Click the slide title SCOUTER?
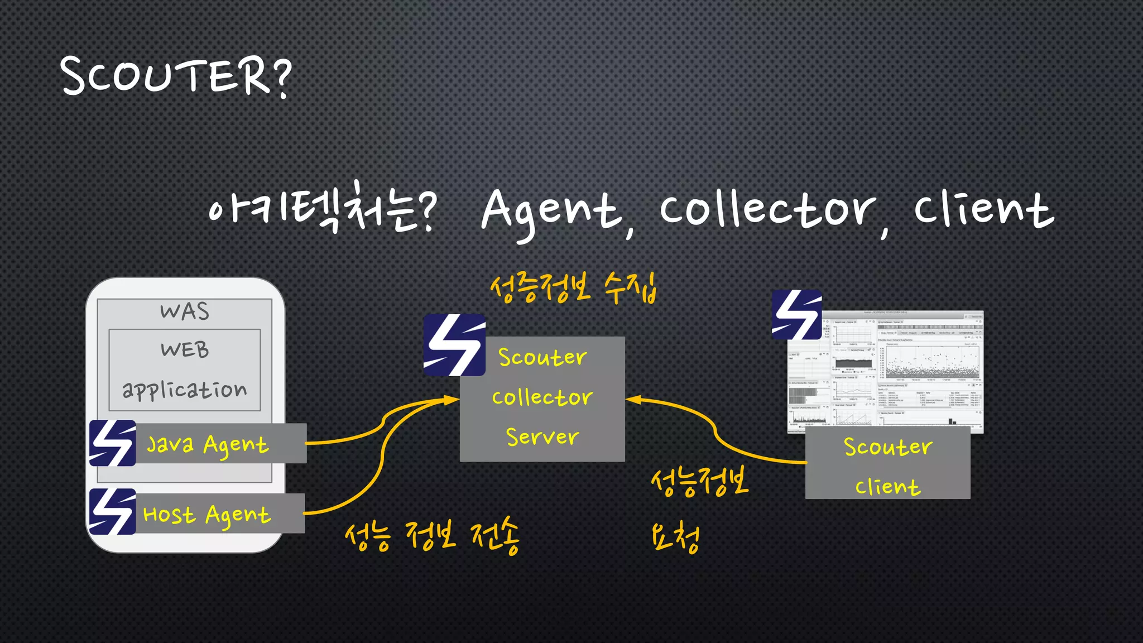coord(176,76)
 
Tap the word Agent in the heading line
coord(551,211)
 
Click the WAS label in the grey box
coord(184,311)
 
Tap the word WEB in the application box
coord(185,350)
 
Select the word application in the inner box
coord(184,390)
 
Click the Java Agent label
coord(208,444)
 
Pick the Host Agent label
coord(206,514)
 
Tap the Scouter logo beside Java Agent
coord(113,443)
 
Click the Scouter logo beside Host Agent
coord(113,512)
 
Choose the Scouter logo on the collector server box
coord(454,345)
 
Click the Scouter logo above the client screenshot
coord(796,315)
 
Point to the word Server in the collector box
coord(542,436)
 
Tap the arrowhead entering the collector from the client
coord(633,400)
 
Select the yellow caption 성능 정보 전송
coord(432,536)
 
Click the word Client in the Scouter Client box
coord(887,487)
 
